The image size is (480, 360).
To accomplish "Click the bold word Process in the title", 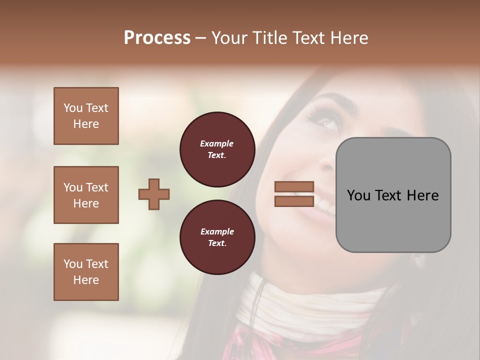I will pyautogui.click(x=157, y=37).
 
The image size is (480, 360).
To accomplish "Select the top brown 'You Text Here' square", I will pyautogui.click(x=86, y=116).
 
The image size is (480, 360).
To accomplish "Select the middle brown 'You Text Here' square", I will pyautogui.click(x=86, y=195).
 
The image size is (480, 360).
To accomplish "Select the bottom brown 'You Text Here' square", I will pyautogui.click(x=86, y=272).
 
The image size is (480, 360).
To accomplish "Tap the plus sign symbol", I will pyautogui.click(x=154, y=194).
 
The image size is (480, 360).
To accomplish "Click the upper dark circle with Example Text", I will pyautogui.click(x=217, y=149).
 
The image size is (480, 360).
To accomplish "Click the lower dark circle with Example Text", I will pyautogui.click(x=217, y=237).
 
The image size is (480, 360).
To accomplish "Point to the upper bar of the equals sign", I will pyautogui.click(x=294, y=186).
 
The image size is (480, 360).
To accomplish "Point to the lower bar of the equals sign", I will pyautogui.click(x=294, y=201).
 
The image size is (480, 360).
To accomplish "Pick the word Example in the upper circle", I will pyautogui.click(x=217, y=143).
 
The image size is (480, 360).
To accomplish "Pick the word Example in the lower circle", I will pyautogui.click(x=217, y=231).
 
